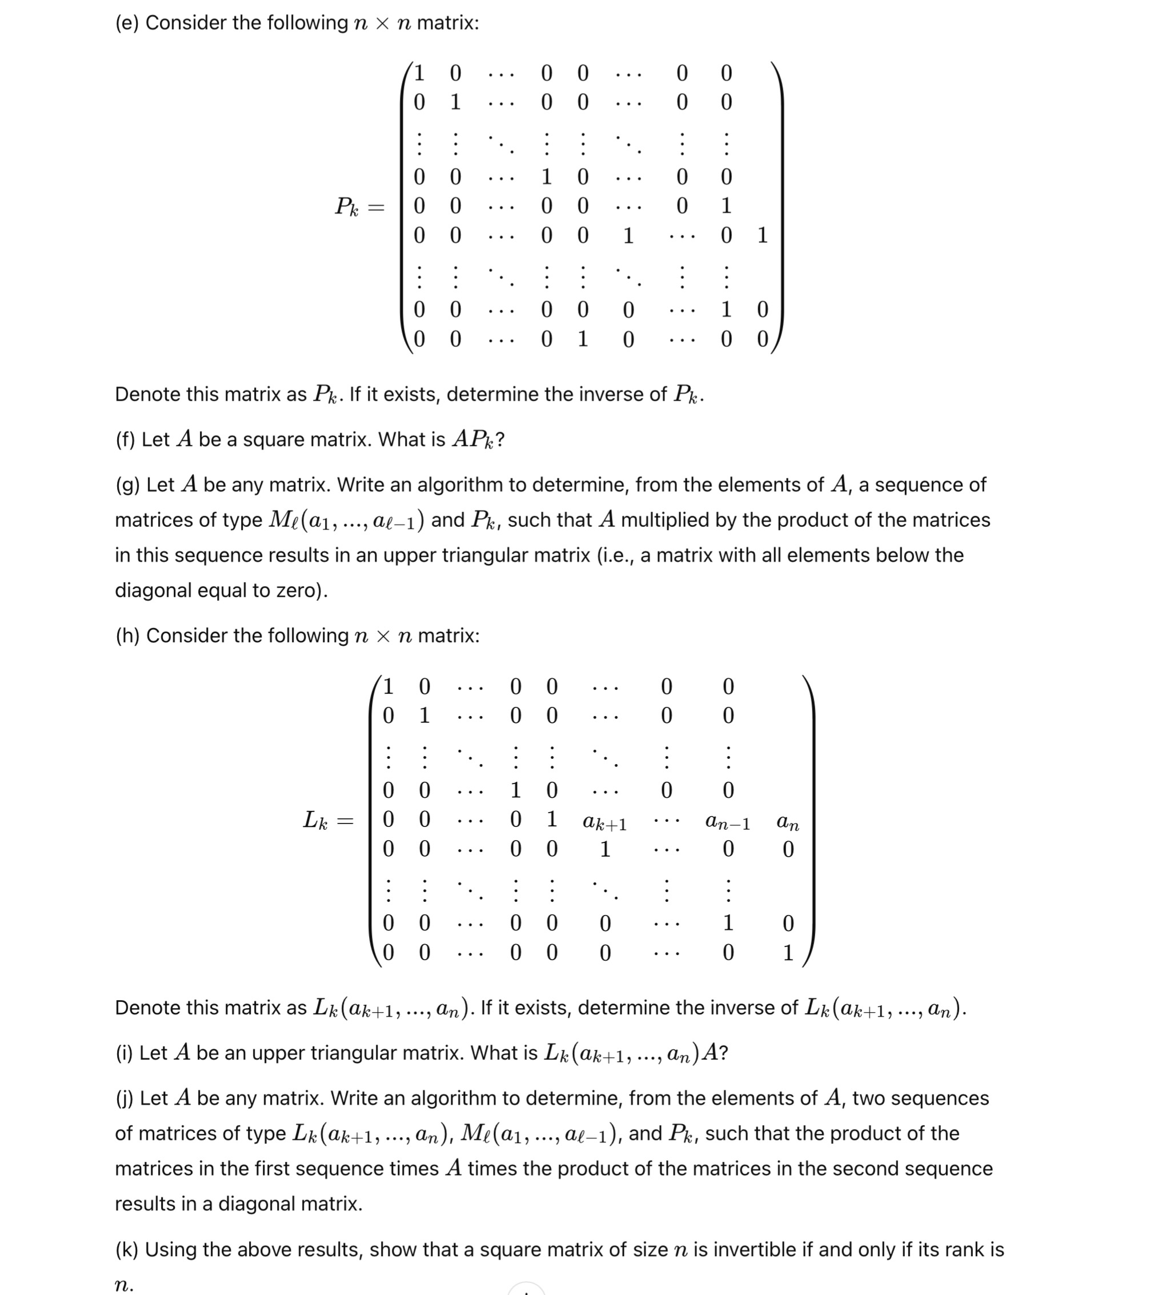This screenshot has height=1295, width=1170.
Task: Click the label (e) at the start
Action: pyautogui.click(x=126, y=23)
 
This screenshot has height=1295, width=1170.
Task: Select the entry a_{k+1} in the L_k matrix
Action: pyautogui.click(x=604, y=822)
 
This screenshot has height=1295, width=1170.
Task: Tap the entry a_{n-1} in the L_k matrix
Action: pyautogui.click(x=727, y=822)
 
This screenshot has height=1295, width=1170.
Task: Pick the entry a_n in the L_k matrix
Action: pyautogui.click(x=787, y=822)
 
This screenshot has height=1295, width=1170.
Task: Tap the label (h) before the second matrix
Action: pyautogui.click(x=127, y=636)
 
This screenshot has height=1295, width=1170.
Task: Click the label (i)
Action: pyautogui.click(x=124, y=1053)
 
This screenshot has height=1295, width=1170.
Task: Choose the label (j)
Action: pyautogui.click(x=124, y=1098)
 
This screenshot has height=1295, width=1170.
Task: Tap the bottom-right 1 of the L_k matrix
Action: pyautogui.click(x=788, y=953)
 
